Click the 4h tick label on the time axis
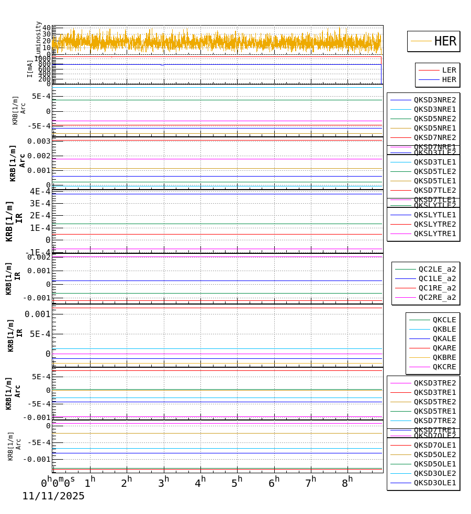click(200, 483)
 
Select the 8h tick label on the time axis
click(347, 483)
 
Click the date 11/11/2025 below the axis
click(53, 496)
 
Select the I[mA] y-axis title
click(30, 68)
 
